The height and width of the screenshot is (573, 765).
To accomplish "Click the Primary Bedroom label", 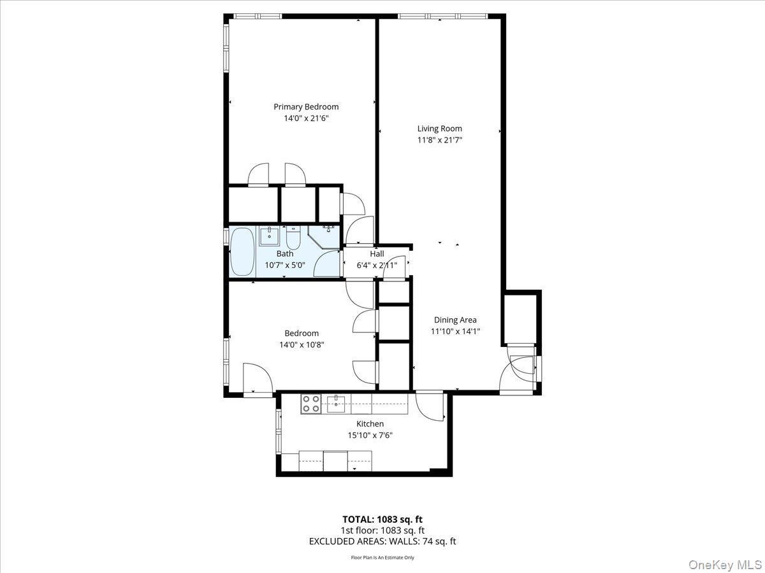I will [x=306, y=107].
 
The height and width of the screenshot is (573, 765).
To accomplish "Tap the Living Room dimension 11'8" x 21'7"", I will [x=439, y=140].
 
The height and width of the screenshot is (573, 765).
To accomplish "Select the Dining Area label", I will [x=455, y=320].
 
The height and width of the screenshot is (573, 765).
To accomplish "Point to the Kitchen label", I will [x=370, y=424].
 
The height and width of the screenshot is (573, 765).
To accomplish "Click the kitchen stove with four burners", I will [x=311, y=404].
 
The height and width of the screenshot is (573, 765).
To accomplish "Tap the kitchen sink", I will [x=336, y=403].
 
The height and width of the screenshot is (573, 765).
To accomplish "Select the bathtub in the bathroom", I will [x=242, y=252].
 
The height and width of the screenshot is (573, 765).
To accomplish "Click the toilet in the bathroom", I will [x=293, y=238].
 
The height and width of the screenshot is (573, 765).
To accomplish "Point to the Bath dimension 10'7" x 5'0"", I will [x=285, y=265].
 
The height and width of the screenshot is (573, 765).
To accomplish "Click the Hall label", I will [x=377, y=254].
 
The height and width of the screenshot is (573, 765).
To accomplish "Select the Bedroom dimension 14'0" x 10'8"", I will [x=302, y=345].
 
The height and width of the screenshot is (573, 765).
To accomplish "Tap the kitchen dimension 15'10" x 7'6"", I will [x=370, y=435].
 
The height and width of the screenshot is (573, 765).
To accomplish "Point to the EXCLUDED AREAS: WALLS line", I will [x=382, y=542].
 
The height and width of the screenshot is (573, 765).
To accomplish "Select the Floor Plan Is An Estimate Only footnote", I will [x=382, y=558].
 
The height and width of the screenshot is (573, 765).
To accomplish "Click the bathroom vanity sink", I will [x=270, y=236].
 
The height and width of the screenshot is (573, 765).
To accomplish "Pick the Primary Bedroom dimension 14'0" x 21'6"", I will [x=306, y=118].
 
